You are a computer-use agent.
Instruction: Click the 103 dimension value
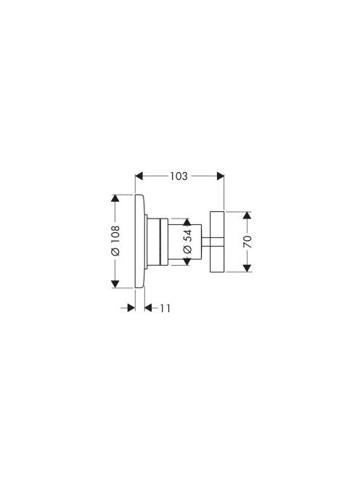coord(179,176)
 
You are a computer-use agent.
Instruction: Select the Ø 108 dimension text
coord(115,241)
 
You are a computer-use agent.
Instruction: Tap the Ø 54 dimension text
coord(187,241)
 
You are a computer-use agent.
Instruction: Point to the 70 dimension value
coord(247,242)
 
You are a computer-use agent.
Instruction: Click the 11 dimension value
coord(165,308)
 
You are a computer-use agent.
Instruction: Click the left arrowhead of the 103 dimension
coord(139,176)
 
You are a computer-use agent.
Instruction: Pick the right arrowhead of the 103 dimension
coord(220,176)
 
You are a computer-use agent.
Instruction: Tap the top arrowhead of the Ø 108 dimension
coord(115,199)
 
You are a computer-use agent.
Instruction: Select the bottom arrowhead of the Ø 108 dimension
coord(115,284)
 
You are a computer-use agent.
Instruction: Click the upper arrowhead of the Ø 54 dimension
coord(187,222)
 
